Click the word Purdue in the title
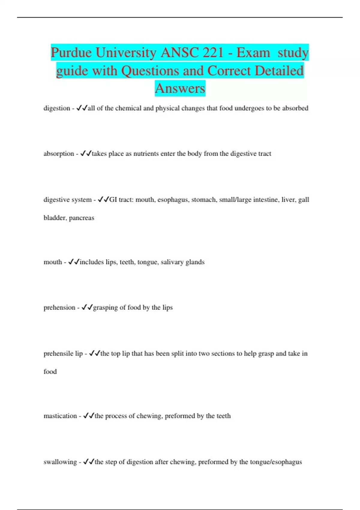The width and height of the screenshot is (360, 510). click(71, 53)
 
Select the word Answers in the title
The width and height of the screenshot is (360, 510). click(180, 88)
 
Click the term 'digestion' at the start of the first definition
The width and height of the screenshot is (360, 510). click(57, 108)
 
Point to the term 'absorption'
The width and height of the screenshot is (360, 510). click(59, 154)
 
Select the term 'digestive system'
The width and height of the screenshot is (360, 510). click(67, 200)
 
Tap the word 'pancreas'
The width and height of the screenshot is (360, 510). click(82, 218)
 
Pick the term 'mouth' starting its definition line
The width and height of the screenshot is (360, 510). click(53, 262)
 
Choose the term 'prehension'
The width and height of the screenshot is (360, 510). click(59, 308)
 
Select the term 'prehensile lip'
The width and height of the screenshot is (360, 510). click(63, 354)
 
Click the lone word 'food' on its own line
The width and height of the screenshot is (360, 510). click(50, 372)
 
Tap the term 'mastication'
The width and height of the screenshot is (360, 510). click(60, 416)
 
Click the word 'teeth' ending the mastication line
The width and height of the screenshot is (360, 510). click(223, 416)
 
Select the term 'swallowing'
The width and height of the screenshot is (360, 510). click(60, 462)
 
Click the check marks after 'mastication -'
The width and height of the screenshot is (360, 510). click(89, 416)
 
